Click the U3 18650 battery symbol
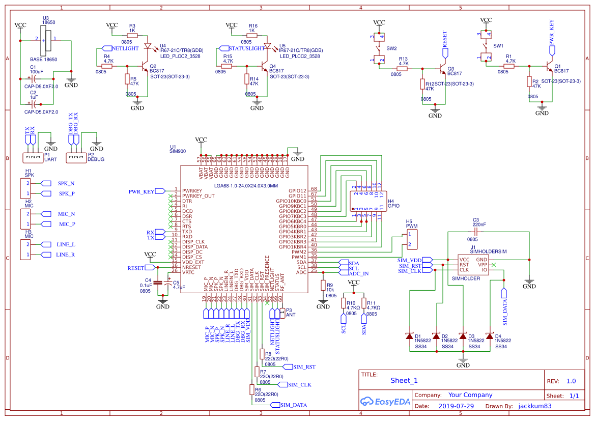point(48,40)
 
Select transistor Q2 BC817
point(143,66)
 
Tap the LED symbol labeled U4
point(148,46)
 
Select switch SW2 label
point(391,48)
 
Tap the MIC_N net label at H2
point(66,214)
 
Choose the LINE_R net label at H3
point(65,255)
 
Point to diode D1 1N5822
point(409,336)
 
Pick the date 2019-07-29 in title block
point(456,406)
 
